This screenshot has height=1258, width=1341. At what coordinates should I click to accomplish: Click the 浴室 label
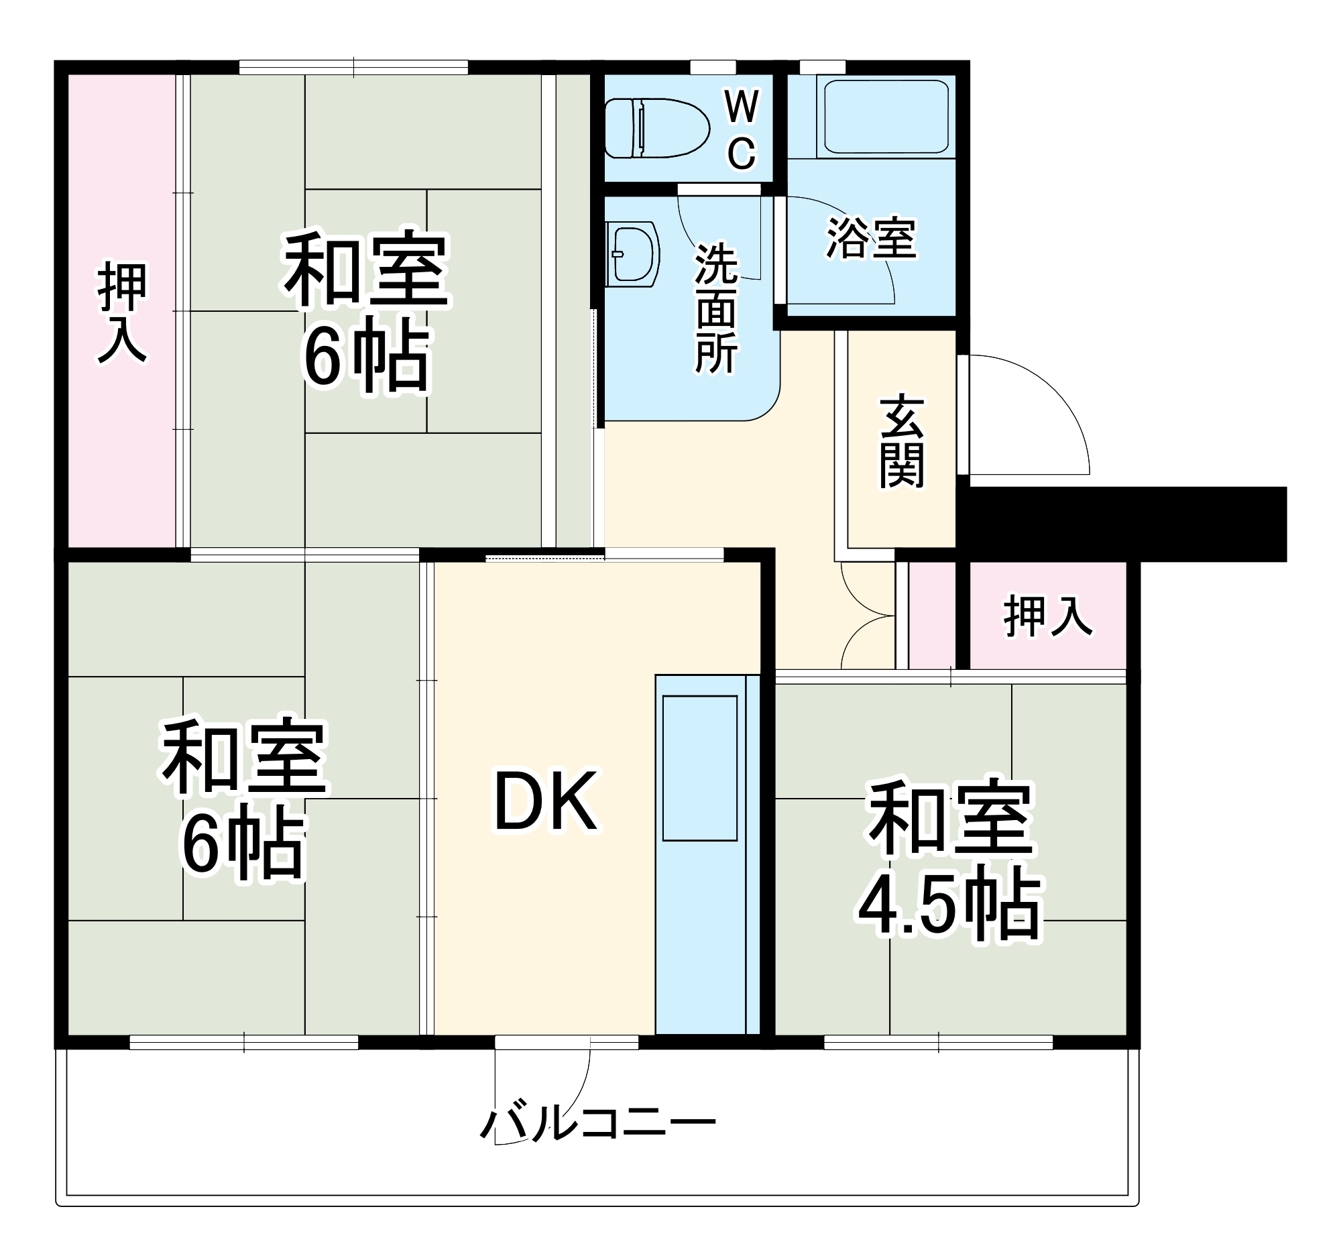click(871, 238)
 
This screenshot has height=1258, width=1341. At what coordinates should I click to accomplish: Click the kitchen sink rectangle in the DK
click(699, 768)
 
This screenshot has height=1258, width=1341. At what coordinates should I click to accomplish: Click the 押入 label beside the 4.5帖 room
click(1047, 616)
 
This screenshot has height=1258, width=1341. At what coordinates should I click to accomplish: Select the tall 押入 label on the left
click(122, 313)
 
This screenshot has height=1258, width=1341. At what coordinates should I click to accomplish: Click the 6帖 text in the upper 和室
click(366, 358)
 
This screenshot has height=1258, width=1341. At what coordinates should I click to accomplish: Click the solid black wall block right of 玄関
click(1123, 524)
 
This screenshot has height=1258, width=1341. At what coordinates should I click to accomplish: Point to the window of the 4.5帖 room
click(937, 1043)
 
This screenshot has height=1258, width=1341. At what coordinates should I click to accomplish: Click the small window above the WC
click(712, 68)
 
